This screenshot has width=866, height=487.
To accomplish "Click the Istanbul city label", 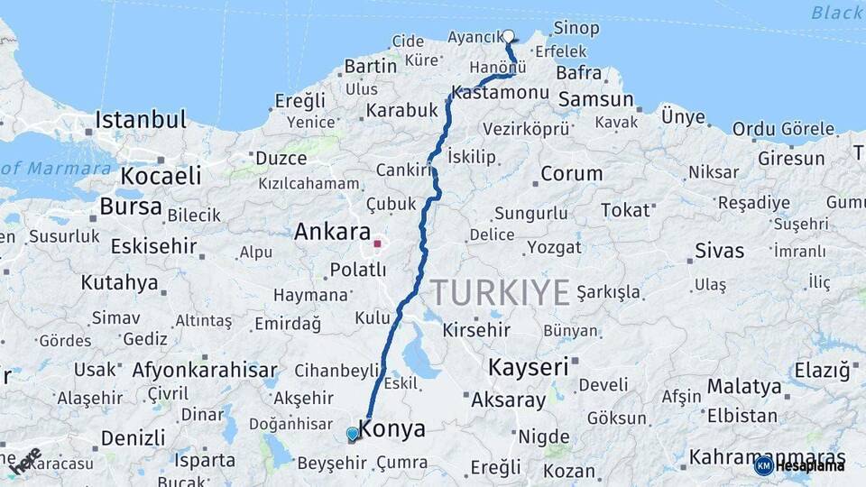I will click(141, 120).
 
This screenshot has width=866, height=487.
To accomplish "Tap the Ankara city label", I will click(332, 232).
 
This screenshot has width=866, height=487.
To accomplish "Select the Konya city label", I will click(392, 429).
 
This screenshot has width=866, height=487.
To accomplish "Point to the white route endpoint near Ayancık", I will click(509, 37).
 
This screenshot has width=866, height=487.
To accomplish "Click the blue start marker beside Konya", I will click(353, 435).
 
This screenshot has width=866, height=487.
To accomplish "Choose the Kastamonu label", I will click(500, 93).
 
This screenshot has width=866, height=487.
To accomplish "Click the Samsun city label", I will click(595, 99).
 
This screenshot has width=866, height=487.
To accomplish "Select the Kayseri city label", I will click(529, 367).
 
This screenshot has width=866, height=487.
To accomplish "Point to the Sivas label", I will click(720, 251).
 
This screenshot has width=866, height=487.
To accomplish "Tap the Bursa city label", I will click(131, 207).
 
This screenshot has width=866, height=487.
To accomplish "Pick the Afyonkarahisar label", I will click(205, 370).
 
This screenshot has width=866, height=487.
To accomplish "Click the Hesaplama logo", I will click(799, 465).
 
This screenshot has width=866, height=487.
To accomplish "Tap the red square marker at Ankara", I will click(378, 243).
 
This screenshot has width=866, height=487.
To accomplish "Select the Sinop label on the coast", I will click(576, 29).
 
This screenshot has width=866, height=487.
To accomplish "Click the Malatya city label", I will click(744, 387).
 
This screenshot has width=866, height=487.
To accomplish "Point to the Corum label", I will click(571, 174).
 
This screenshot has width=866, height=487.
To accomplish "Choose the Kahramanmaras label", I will click(767, 456).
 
